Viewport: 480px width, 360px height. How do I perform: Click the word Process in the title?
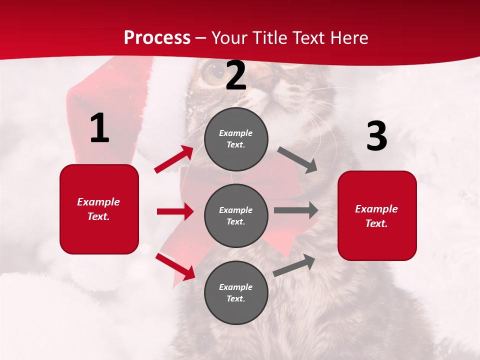coord(157,38)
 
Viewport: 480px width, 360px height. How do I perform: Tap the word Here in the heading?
coord(346,38)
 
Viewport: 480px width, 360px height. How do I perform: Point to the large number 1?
coord(99,128)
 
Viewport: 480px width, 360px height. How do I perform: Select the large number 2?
coord(236,76)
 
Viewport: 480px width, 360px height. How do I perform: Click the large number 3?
coord(376,136)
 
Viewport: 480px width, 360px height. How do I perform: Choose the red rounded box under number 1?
coord(99,209)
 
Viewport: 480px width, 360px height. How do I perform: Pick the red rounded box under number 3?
coord(377,216)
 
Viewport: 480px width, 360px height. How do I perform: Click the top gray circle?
coord(236,139)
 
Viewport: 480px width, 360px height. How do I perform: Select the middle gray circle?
coord(236,216)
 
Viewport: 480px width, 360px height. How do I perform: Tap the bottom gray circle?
coord(236,293)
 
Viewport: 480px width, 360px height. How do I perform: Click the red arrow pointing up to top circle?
coord(174,159)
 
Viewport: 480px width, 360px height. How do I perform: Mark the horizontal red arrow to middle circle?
coord(175,211)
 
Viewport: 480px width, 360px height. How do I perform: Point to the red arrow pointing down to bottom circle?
coord(175,266)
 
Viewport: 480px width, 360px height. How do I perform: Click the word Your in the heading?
coord(230,38)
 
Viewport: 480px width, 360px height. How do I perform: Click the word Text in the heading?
coord(306,38)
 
